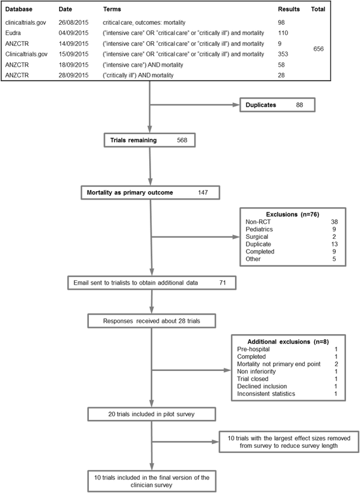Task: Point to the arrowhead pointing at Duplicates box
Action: [236, 105]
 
